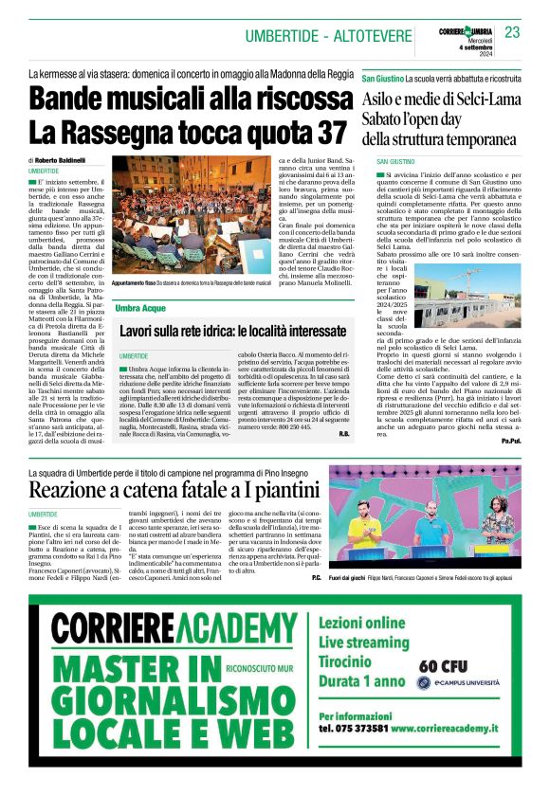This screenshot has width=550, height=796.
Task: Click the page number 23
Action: [512, 33]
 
